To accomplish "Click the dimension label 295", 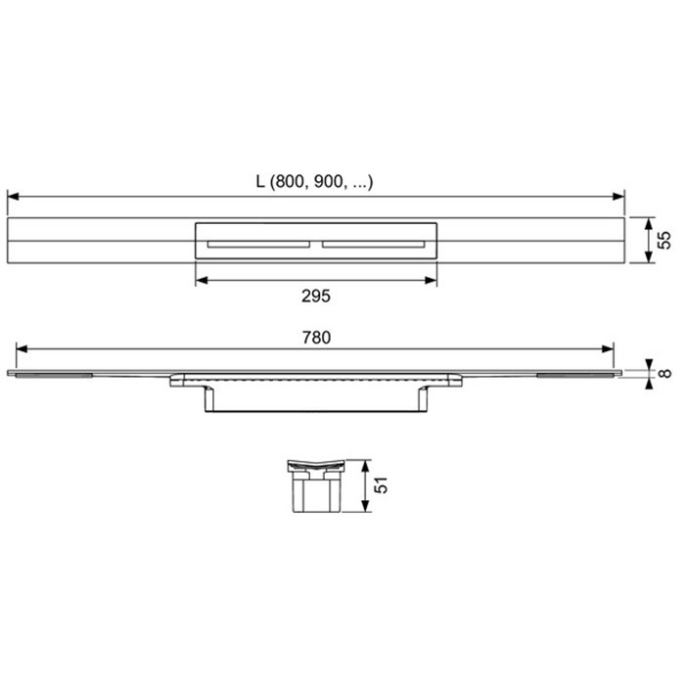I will (x=315, y=296).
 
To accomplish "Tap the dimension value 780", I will (x=315, y=337).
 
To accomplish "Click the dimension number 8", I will (x=665, y=371).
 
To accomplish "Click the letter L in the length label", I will (x=261, y=181).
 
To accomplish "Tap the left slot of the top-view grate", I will (x=257, y=242).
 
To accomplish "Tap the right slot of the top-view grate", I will (x=373, y=242).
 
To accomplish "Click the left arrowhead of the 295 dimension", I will (x=200, y=280).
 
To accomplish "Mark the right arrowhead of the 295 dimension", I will (x=433, y=280).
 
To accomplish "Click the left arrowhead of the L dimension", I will (x=12, y=196).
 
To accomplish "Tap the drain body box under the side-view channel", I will (x=315, y=398).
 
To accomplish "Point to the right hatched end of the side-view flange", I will (x=576, y=374).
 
